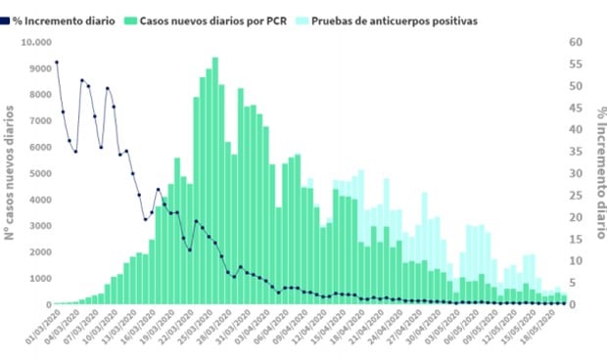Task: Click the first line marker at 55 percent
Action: tap(57, 63)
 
